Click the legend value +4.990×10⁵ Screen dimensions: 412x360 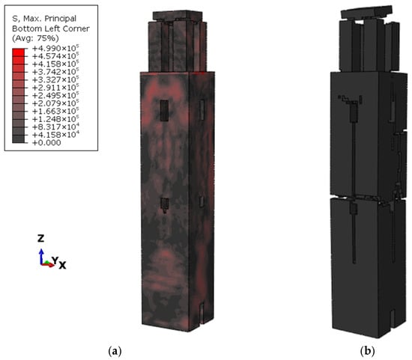[x=55, y=48]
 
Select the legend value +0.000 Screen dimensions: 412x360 [x=46, y=143]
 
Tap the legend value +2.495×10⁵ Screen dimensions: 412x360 [x=55, y=95]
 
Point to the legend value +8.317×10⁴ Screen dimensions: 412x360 [x=55, y=126]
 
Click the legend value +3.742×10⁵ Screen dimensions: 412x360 [x=55, y=72]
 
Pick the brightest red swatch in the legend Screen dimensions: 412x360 [x=19, y=52]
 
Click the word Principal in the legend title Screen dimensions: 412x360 [x=61, y=19]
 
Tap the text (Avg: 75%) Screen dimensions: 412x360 [x=35, y=38]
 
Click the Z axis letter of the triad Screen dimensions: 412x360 [x=40, y=239]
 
